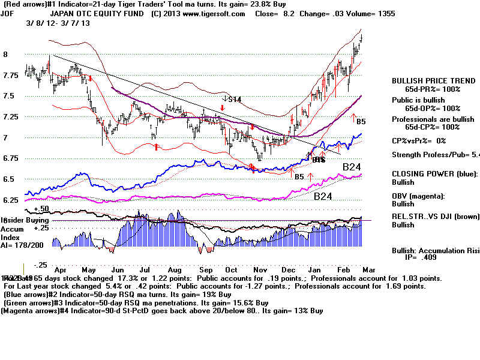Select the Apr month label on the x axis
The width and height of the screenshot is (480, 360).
point(61,271)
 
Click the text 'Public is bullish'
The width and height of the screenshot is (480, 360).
point(418,100)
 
